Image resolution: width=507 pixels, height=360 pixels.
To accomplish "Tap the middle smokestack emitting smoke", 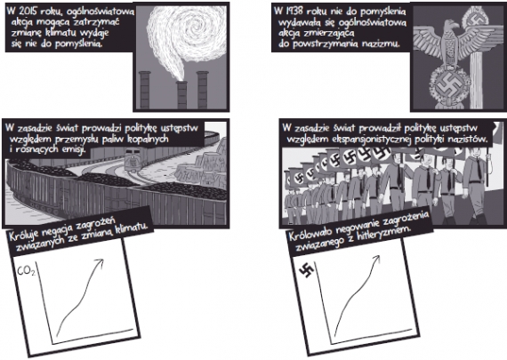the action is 182,94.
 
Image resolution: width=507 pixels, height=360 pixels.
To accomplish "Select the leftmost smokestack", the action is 144,90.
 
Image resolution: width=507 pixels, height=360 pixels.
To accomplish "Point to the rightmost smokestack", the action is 203,90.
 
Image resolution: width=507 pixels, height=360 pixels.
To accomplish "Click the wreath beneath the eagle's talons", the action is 449,84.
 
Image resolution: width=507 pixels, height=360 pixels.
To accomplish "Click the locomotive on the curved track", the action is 133,160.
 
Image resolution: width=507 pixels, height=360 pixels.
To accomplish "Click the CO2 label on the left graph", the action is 26,271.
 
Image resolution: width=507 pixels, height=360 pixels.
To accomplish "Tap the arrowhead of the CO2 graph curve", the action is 100,263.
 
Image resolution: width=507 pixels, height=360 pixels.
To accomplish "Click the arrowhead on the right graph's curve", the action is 376,259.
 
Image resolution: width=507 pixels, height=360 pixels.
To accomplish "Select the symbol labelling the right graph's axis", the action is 306,270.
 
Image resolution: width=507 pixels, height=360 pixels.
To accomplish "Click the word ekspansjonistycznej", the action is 371,140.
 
